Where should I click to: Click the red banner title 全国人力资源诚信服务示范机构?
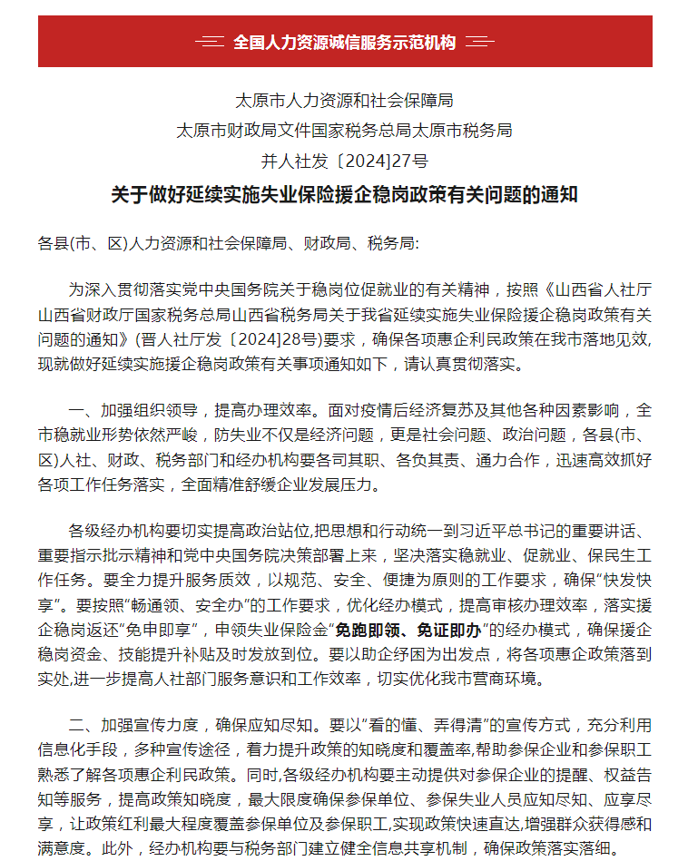(x=344, y=43)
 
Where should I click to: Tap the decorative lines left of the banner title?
(x=210, y=43)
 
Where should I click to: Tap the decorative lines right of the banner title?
(x=479, y=43)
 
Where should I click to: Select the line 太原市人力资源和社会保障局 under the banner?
(x=344, y=99)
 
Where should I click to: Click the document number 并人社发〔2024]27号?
(x=344, y=161)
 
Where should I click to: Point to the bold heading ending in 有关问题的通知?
(x=344, y=195)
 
